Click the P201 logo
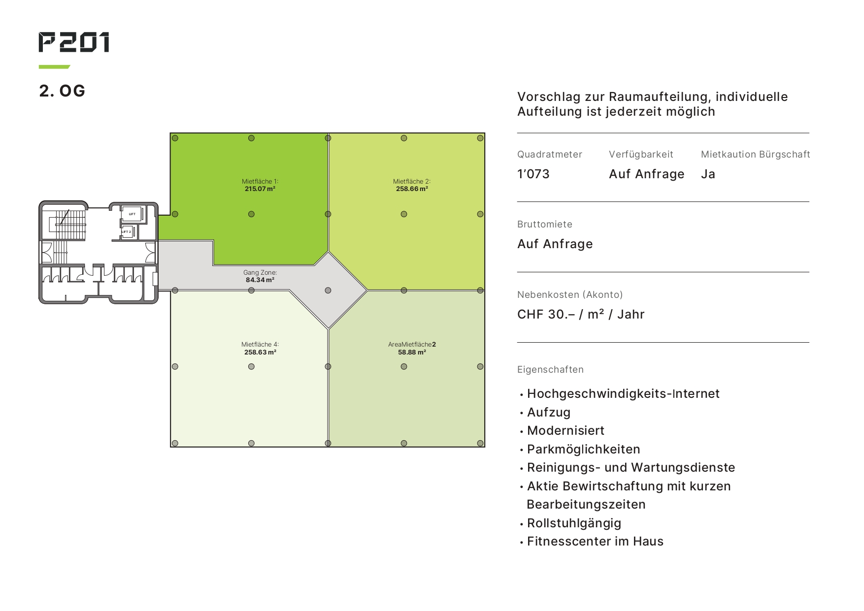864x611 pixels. coord(74,42)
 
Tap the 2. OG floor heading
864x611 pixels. coord(62,91)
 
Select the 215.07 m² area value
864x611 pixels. coord(260,189)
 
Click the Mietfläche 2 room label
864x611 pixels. coord(412,181)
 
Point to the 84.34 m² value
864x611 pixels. coord(260,280)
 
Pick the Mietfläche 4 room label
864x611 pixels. coord(260,344)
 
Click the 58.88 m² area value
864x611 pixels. coord(412,352)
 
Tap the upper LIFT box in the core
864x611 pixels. coord(132,214)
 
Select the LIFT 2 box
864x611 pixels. coord(127,231)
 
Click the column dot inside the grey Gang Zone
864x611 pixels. coord(328,290)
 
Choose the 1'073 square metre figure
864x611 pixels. coord(533,174)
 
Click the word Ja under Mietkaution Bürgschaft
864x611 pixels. coord(708,174)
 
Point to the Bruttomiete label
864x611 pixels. coord(545,224)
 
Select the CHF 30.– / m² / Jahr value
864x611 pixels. coord(581,314)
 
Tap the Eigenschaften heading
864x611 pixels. coord(550,370)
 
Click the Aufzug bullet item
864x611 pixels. coord(549,413)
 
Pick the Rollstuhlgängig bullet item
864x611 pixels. coord(574,523)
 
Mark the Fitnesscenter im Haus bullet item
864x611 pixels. coord(596,541)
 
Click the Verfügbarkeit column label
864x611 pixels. coord(641,154)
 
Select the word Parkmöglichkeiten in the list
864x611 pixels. coord(584,450)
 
